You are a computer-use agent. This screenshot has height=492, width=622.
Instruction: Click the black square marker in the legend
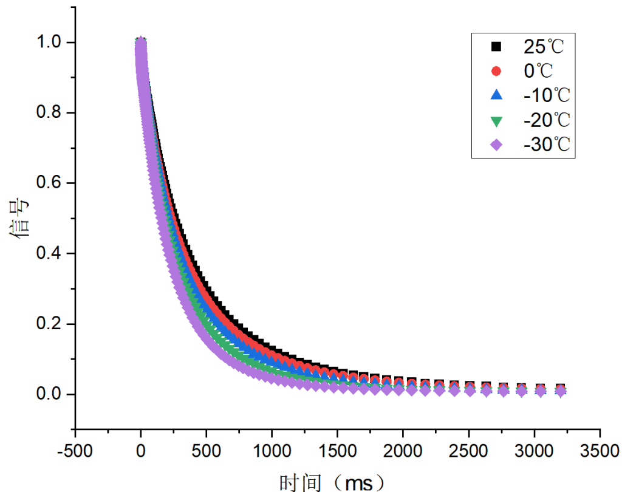point(496,46)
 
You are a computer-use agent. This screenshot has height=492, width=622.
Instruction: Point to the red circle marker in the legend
point(496,71)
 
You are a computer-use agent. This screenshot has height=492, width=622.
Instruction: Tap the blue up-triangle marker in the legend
point(496,95)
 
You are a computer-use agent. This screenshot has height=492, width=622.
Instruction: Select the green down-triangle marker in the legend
point(496,121)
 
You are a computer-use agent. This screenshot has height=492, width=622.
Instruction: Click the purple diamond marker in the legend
point(496,145)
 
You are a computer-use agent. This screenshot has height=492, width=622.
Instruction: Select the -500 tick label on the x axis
point(75,452)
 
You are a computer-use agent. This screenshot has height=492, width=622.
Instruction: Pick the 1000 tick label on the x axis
point(272,452)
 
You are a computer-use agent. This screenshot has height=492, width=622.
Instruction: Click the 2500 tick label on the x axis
point(468,452)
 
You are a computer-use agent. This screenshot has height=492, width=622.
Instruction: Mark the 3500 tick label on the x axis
point(600,452)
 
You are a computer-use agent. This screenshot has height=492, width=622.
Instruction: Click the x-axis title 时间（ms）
point(333,482)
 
